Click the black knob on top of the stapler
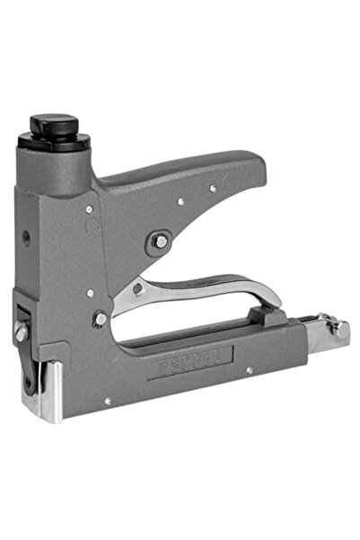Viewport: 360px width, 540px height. click(x=53, y=124)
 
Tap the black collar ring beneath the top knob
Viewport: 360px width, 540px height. click(x=54, y=141)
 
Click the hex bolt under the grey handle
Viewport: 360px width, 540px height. click(x=159, y=241)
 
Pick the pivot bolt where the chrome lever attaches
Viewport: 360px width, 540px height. click(x=101, y=318)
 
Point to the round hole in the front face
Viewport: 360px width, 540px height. click(x=26, y=238)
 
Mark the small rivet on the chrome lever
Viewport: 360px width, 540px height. click(x=137, y=289)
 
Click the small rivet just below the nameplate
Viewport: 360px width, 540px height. click(x=249, y=370)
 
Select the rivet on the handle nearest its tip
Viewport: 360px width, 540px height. click(x=213, y=189)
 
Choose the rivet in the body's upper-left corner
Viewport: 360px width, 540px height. click(x=89, y=209)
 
